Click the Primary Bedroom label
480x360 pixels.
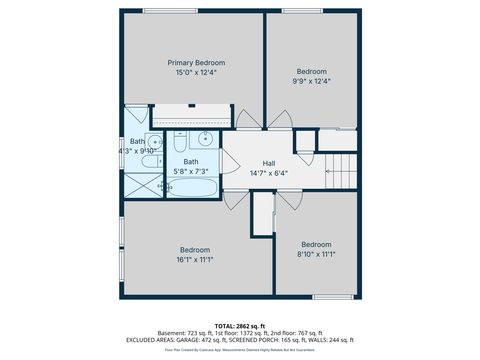pyautogui.click(x=196, y=62)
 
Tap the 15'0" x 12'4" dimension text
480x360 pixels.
pyautogui.click(x=196, y=72)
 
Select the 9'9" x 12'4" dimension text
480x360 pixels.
pyautogui.click(x=311, y=82)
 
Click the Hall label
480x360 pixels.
pyautogui.click(x=269, y=163)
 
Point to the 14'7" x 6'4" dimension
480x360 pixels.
pyautogui.click(x=269, y=173)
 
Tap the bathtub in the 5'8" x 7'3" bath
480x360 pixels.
pyautogui.click(x=190, y=187)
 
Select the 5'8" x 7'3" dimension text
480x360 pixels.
pyautogui.click(x=190, y=172)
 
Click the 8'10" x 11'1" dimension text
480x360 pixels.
pyautogui.click(x=316, y=254)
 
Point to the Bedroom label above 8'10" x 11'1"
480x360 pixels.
pyautogui.click(x=316, y=244)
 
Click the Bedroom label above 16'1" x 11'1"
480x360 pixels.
pyautogui.click(x=195, y=249)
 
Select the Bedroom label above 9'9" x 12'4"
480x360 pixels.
pyautogui.click(x=311, y=71)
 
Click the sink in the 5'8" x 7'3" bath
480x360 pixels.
pyautogui.click(x=204, y=139)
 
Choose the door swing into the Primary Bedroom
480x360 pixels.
pyautogui.click(x=246, y=121)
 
